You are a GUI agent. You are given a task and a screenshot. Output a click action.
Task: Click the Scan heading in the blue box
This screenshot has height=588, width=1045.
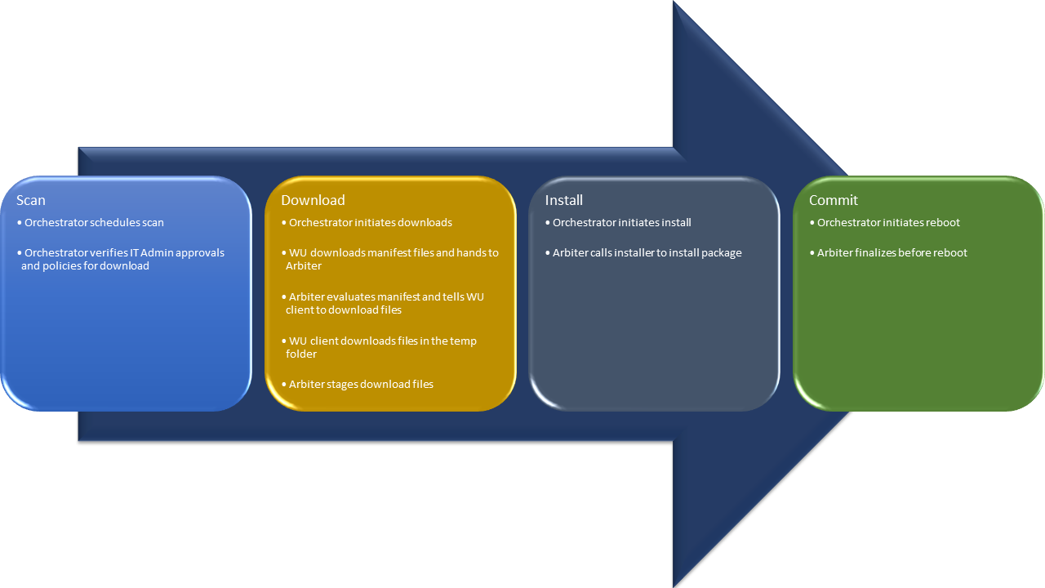31,200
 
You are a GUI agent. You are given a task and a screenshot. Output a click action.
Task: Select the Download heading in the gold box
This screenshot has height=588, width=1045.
313,200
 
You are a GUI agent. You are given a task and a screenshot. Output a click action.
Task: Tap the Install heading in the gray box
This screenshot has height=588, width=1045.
564,200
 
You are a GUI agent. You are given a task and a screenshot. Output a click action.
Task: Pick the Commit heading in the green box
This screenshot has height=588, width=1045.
834,200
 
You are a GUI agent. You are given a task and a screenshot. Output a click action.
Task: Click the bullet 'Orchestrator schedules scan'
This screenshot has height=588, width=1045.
94,222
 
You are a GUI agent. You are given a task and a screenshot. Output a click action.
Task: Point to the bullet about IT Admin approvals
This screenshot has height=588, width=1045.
122,259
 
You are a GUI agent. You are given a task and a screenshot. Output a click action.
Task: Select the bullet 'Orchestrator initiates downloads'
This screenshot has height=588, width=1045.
370,222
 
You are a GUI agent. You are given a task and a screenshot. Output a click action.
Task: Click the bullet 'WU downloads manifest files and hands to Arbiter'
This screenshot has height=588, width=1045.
392,259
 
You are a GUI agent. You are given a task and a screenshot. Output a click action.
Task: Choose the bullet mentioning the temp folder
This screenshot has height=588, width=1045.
382,347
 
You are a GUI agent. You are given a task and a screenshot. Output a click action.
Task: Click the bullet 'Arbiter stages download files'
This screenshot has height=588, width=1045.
361,384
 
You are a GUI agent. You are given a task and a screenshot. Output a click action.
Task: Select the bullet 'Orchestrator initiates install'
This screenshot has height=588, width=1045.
621,222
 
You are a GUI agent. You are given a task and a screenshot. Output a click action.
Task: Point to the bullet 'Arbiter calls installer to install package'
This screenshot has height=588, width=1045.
647,252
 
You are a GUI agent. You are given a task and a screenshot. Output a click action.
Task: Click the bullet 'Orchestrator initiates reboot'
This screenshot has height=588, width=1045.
888,222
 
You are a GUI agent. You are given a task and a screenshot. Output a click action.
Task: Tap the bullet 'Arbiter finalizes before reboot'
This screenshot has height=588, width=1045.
892,252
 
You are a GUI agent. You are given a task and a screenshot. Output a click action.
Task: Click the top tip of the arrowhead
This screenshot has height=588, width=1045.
674,2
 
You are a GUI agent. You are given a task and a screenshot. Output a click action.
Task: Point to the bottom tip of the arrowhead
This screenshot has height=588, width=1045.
674,585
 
